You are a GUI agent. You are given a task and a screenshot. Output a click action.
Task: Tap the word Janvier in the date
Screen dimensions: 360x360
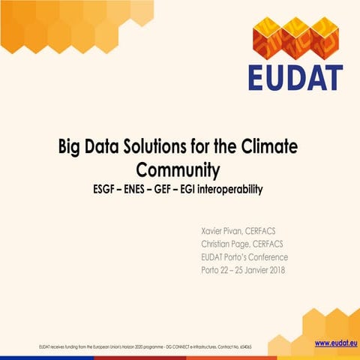coord(255,270)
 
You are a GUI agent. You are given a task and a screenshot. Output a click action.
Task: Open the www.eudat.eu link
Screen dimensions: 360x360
coord(334,343)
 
